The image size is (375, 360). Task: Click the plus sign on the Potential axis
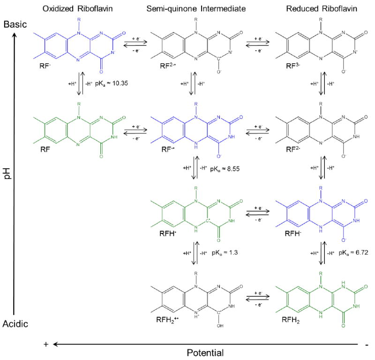pos(46,344)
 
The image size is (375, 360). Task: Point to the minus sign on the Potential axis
pos(365,344)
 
